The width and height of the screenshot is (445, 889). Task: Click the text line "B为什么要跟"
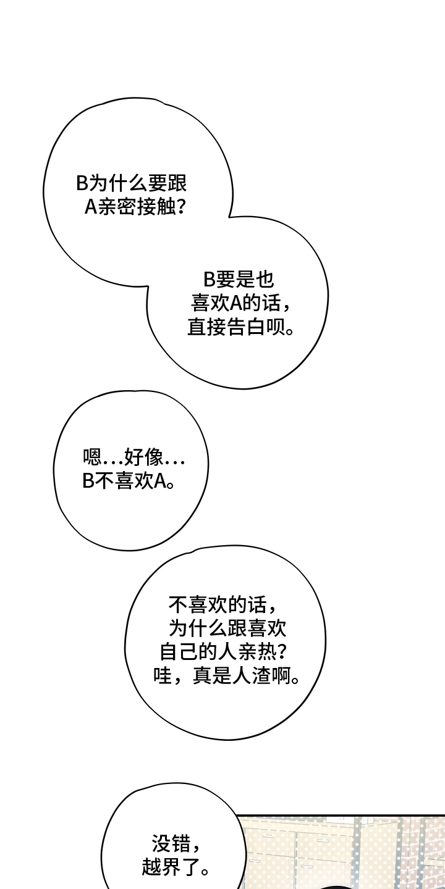131,183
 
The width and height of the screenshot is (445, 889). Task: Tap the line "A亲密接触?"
136,206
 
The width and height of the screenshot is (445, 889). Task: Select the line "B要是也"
238,280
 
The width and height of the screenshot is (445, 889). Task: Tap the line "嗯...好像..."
133,457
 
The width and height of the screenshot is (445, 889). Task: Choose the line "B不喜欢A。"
127,481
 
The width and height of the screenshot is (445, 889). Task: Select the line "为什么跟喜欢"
227,628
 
